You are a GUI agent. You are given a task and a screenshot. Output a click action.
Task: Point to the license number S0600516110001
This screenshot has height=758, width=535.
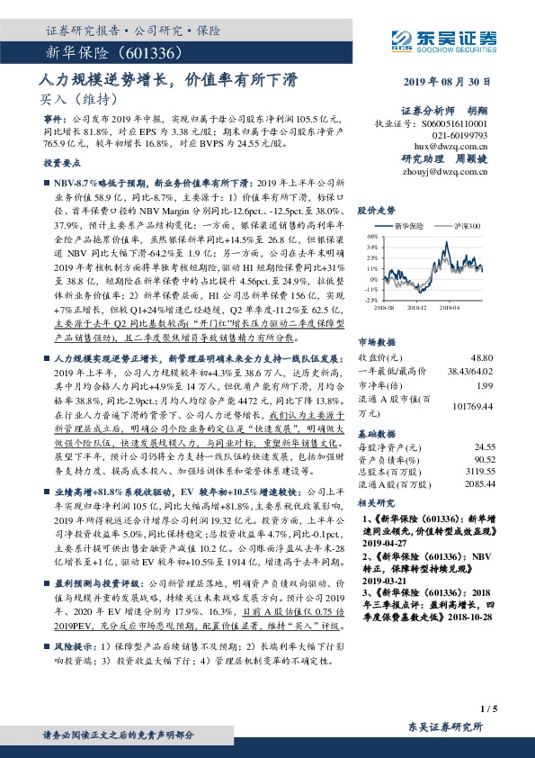450,122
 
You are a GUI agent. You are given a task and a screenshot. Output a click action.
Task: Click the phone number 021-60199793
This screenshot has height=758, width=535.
462,133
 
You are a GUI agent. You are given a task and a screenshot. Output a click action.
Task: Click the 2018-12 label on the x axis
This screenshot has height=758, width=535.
416,307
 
